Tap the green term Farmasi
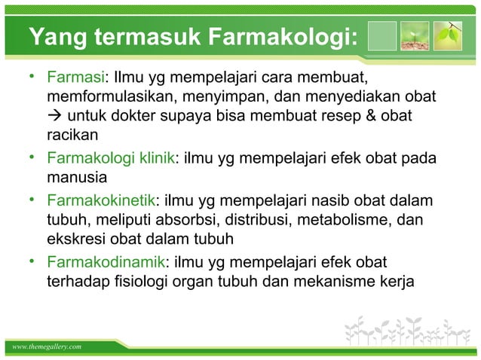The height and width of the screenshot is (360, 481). point(75,78)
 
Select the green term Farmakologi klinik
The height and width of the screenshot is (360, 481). point(110,159)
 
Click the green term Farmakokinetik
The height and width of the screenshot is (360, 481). point(100,200)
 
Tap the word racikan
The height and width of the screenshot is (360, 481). point(72,136)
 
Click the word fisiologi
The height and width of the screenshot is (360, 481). point(185,281)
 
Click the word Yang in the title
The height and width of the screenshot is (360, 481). point(55,36)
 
